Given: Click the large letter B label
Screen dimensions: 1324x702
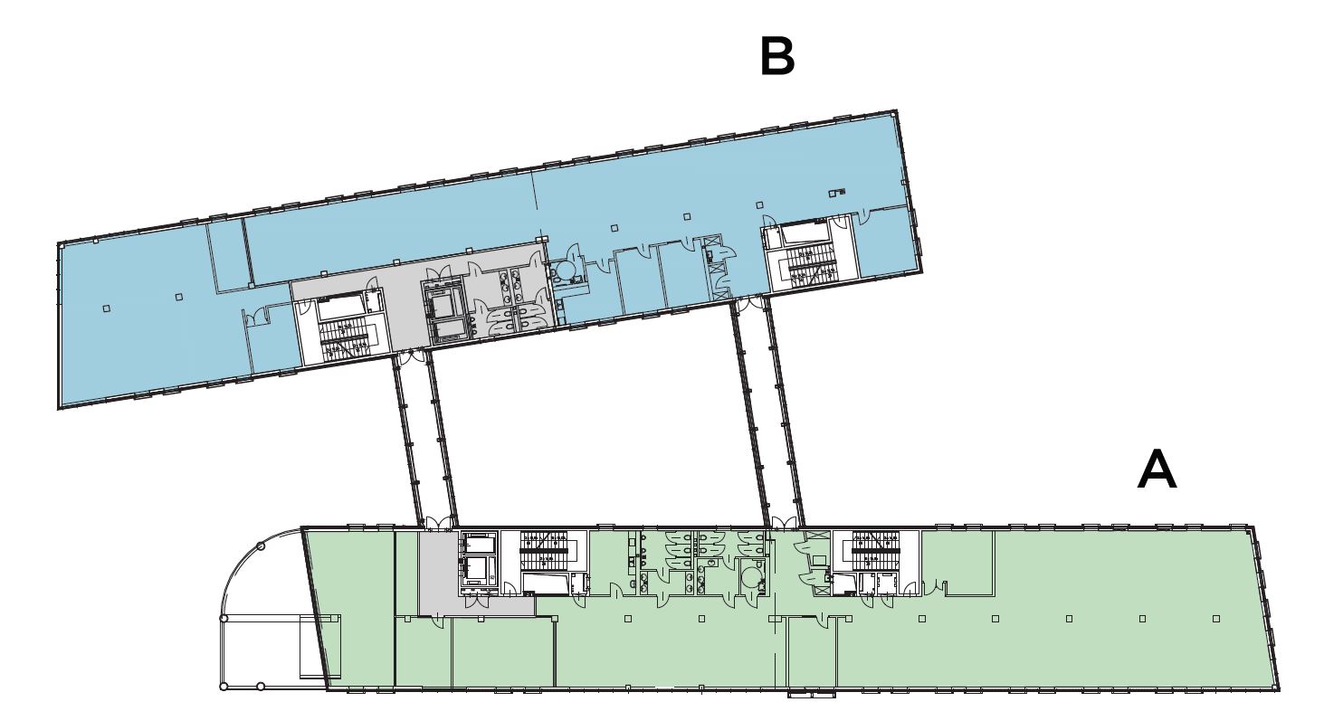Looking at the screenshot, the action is (777, 57).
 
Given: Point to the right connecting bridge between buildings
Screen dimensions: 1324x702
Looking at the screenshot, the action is (767, 412).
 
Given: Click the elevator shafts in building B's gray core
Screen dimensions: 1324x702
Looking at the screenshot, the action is (443, 312).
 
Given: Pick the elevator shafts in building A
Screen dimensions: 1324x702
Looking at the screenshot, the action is (479, 559).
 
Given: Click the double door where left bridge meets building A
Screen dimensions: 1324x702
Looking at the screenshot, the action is (440, 523).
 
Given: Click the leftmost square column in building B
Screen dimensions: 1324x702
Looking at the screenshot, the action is (107, 308).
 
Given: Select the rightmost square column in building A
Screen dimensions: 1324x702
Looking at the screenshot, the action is (1216, 619).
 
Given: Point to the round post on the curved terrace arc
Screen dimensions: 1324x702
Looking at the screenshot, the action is (261, 547).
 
